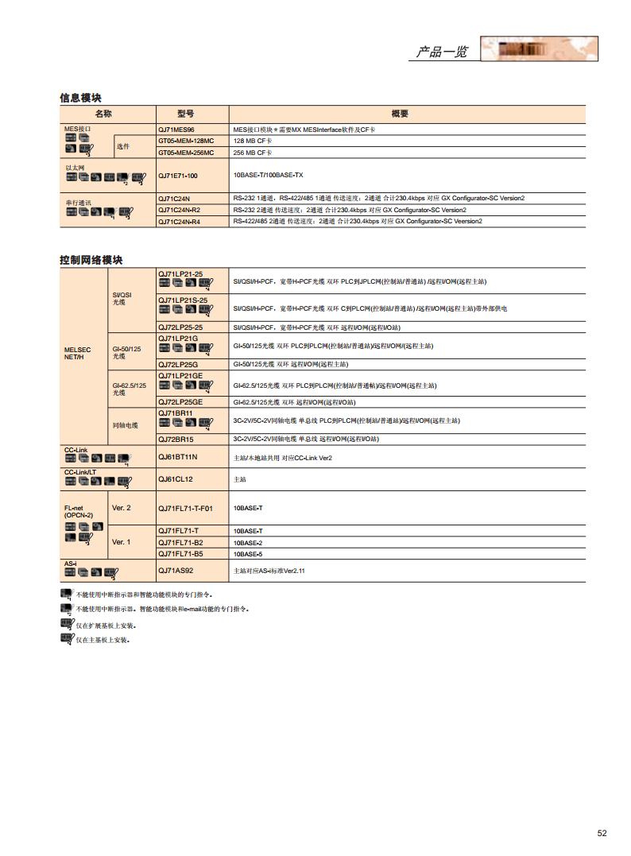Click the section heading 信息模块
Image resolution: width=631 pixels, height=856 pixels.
pos(81,97)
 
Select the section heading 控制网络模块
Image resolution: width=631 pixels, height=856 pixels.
pos(91,260)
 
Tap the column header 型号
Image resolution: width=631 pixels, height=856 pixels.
pos(186,114)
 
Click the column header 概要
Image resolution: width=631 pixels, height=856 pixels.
pos(400,114)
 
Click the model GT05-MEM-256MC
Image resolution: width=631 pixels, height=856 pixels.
pos(186,152)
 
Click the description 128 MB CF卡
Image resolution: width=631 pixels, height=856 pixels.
pos(252,140)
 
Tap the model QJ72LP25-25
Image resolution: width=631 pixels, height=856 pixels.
pos(180,327)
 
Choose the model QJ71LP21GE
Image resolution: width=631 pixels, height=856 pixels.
pos(180,375)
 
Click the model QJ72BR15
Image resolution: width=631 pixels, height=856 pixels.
pos(176,439)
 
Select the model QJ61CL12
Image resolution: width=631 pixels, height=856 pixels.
pos(175,479)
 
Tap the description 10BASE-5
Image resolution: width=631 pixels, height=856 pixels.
pos(248,553)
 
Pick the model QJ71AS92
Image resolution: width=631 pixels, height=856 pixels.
pos(176,570)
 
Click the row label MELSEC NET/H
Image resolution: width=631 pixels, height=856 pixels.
pos(78,353)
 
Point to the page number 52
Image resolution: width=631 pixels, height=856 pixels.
pos(602,833)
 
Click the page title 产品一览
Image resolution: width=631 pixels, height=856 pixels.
pos(442,52)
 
